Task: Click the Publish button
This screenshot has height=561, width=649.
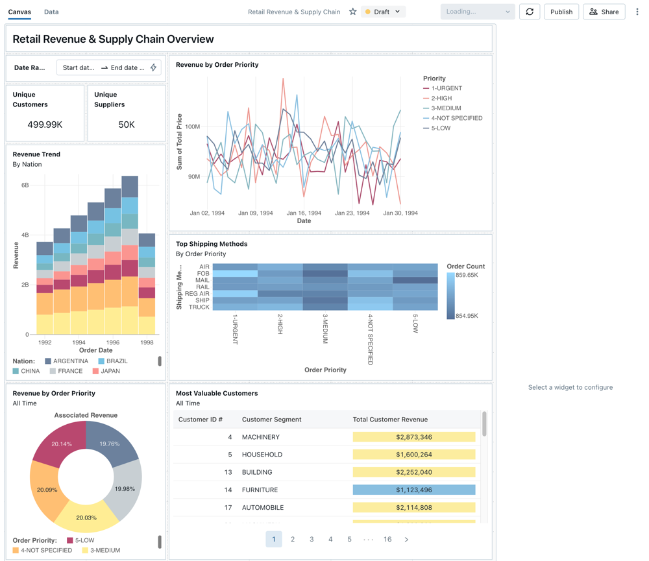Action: tap(561, 12)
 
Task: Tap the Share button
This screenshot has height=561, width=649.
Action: tap(604, 12)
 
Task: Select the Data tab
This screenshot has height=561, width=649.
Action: tap(51, 12)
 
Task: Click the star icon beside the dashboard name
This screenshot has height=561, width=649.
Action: tap(352, 12)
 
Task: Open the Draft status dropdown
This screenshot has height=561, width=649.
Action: tap(384, 12)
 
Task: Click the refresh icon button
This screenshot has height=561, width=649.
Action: tap(530, 12)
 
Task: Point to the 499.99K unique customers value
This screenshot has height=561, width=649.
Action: tap(45, 125)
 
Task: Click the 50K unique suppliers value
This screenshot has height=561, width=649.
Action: tap(127, 125)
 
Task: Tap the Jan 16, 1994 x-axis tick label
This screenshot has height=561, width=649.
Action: tap(304, 213)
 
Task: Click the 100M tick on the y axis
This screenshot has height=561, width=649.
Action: tap(192, 126)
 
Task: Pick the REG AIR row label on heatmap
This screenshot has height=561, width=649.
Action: tap(197, 294)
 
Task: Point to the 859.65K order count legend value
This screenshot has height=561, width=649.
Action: tap(467, 275)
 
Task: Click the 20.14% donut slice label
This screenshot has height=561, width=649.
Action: tap(62, 444)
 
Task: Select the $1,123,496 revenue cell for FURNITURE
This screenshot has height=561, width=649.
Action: tap(413, 490)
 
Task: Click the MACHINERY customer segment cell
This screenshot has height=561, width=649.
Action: tap(261, 437)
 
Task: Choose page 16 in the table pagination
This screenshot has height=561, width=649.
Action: tap(387, 539)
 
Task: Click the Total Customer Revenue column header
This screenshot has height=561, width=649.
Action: tap(390, 420)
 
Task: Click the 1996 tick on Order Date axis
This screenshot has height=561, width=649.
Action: tap(113, 342)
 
